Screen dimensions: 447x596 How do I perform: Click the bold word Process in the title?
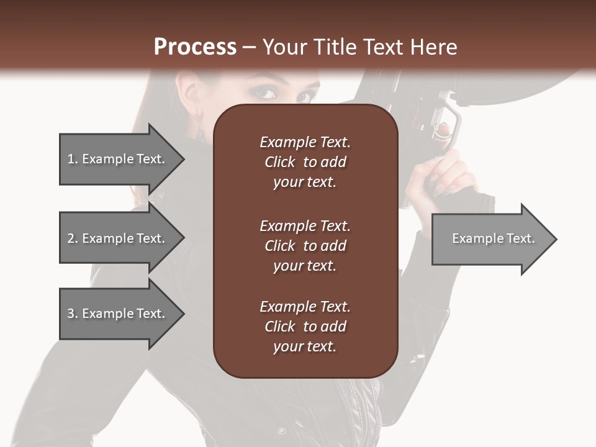click(195, 47)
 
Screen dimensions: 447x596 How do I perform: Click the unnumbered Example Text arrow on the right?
click(494, 238)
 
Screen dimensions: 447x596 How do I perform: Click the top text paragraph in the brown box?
click(305, 162)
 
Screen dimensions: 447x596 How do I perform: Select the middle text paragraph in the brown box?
click(305, 246)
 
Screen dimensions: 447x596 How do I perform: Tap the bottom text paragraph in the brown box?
click(305, 327)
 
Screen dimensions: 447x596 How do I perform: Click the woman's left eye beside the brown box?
click(266, 93)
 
